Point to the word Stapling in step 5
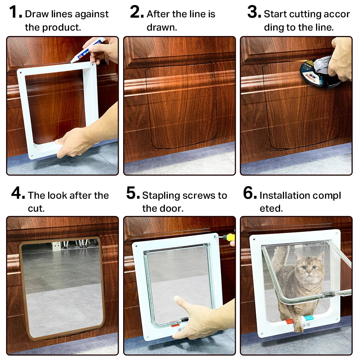[161, 195]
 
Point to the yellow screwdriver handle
[229, 237]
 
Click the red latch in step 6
[289, 321]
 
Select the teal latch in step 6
[309, 318]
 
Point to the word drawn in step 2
[162, 27]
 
